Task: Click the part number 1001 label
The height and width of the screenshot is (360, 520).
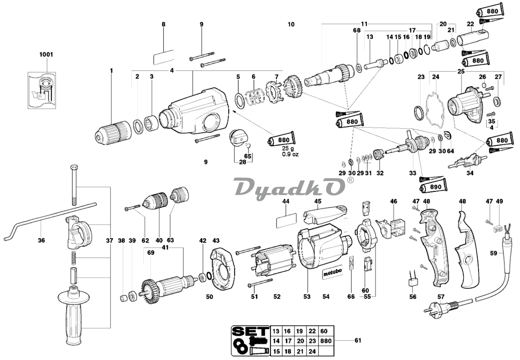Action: tap(46, 54)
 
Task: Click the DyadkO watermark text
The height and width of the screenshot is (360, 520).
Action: tap(289, 187)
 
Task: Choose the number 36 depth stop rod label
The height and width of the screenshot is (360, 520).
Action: tap(41, 240)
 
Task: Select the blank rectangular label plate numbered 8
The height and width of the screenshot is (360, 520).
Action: tap(163, 57)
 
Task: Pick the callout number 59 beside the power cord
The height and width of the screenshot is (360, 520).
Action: tap(493, 253)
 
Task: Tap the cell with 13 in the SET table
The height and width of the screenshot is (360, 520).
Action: tap(276, 331)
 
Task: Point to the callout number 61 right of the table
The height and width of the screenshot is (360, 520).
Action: tap(357, 341)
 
